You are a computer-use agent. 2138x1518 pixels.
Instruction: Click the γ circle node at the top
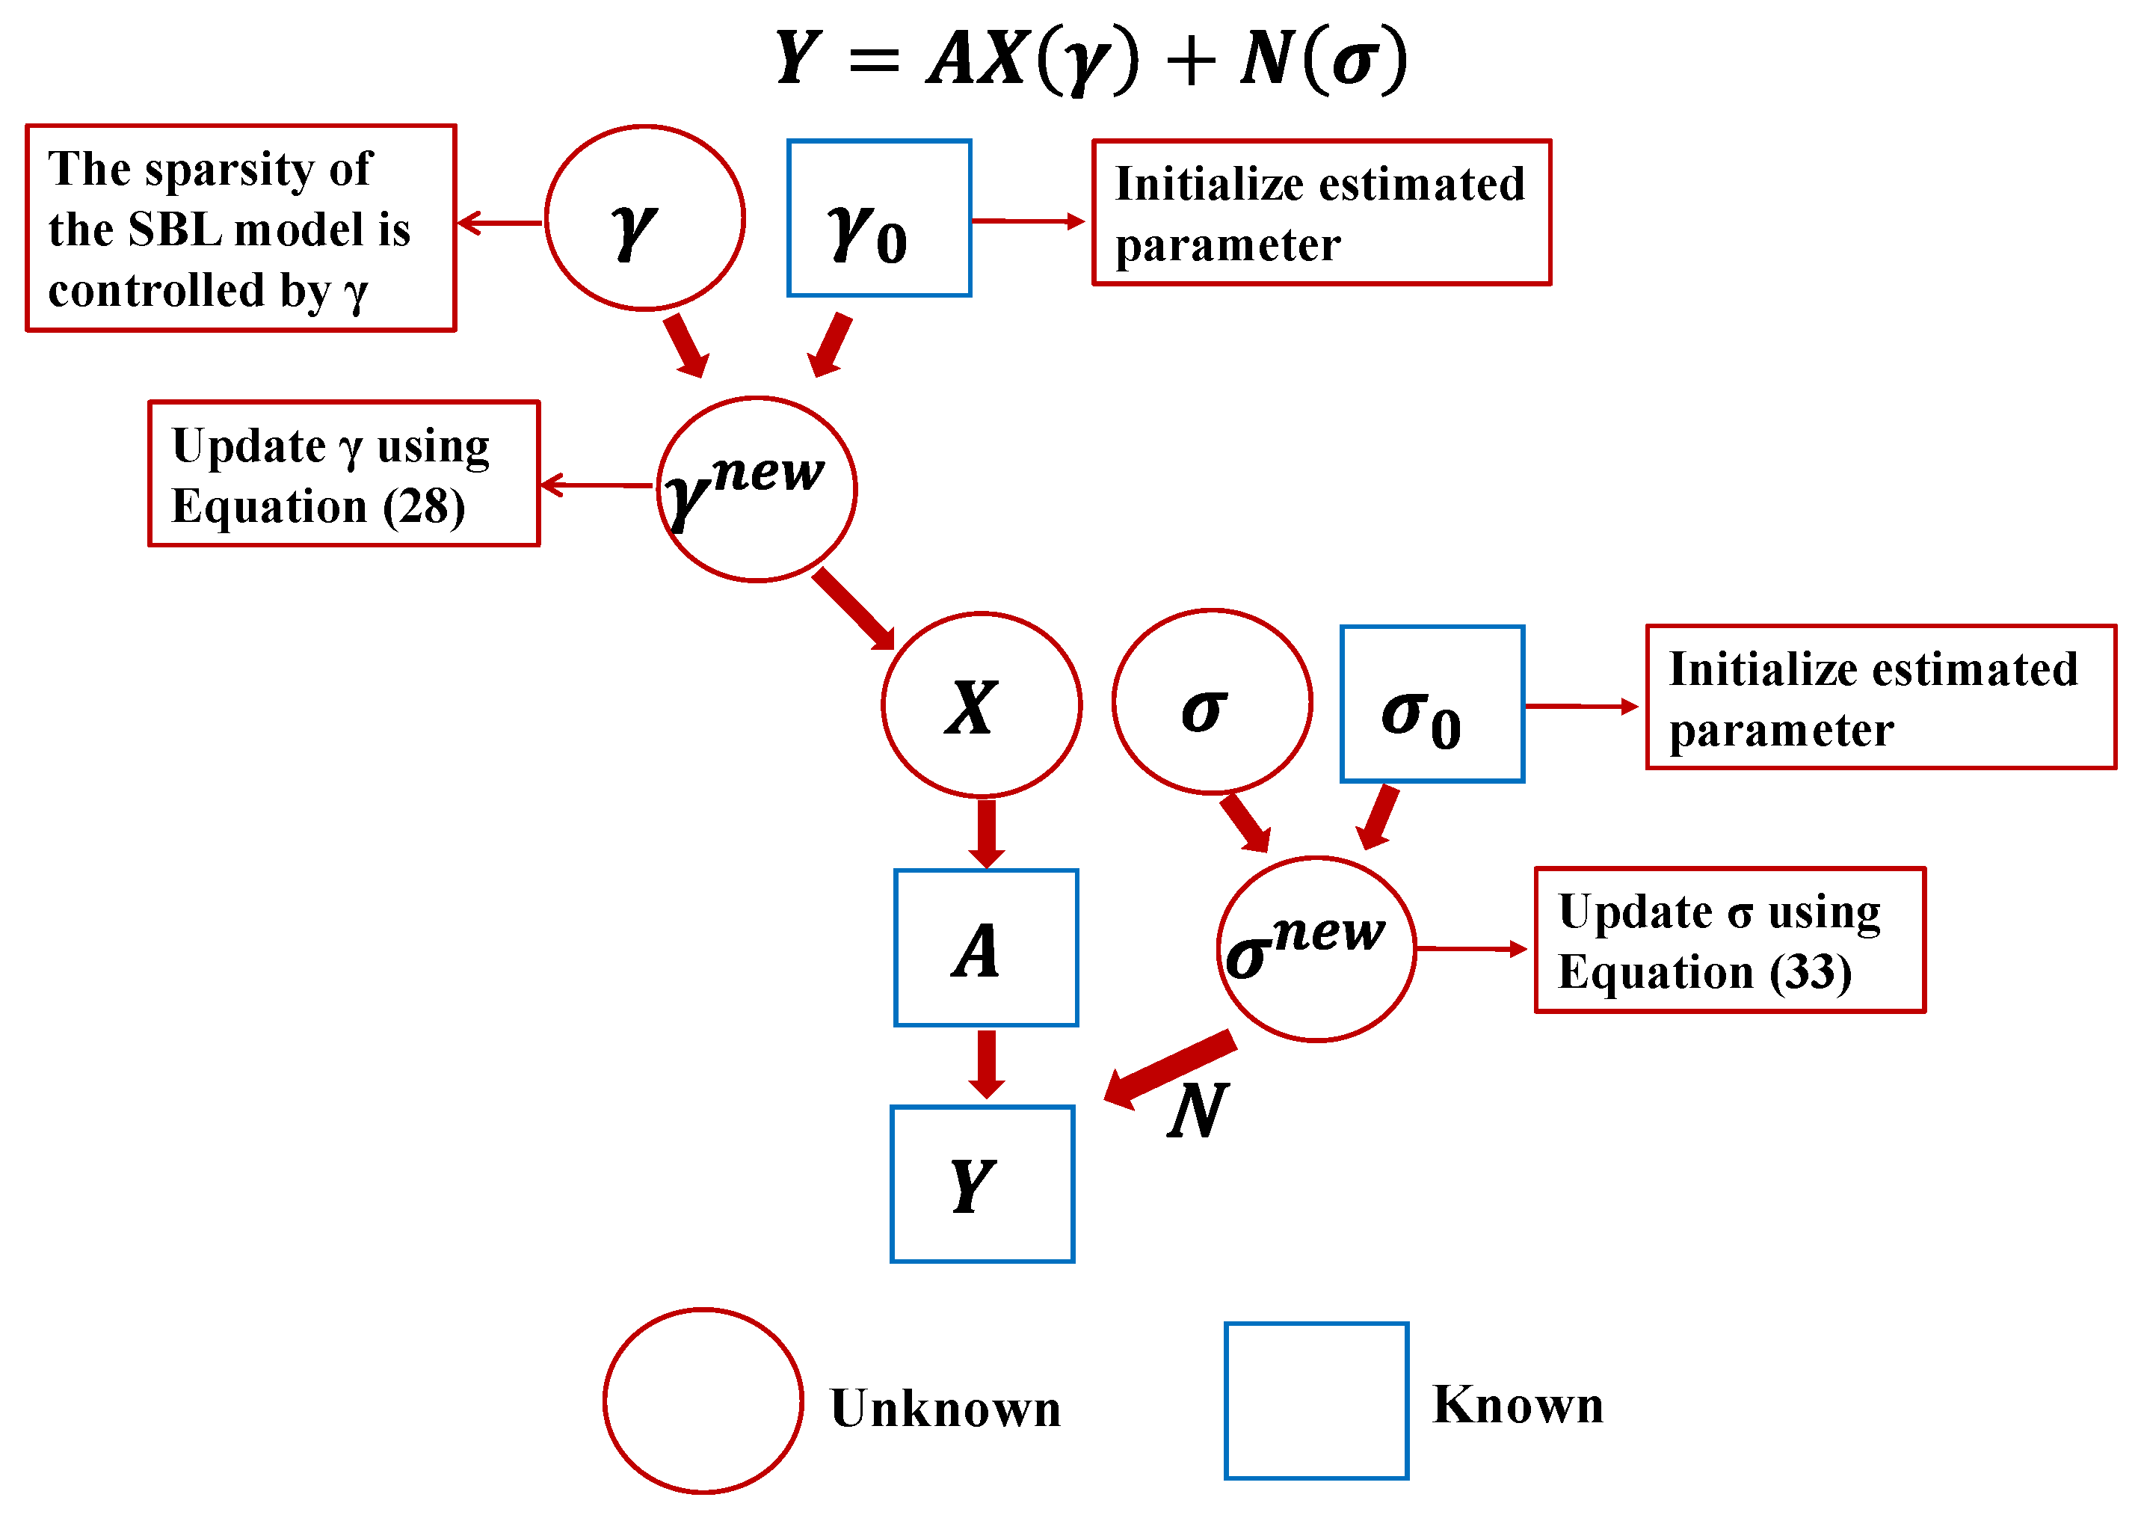click(644, 218)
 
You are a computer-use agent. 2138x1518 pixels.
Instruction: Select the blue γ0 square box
click(878, 218)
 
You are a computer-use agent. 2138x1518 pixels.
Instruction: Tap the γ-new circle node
click(756, 489)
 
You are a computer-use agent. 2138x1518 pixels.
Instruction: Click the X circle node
click(981, 704)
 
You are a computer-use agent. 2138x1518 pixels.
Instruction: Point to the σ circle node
click(1212, 702)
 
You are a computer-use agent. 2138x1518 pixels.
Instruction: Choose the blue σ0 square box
click(1432, 704)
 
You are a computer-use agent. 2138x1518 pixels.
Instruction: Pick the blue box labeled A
click(986, 948)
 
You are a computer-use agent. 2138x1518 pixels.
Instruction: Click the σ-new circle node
click(1316, 949)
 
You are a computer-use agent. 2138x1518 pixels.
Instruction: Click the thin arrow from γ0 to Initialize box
click(1028, 221)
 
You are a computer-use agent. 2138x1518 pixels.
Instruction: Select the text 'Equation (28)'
click(318, 508)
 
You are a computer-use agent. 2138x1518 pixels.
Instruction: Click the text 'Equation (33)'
click(1704, 973)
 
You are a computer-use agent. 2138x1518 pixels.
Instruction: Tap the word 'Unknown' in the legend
click(946, 1409)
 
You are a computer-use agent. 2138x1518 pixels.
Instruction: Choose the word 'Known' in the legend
click(1518, 1405)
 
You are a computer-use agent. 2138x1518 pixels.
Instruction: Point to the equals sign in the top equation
click(875, 61)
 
